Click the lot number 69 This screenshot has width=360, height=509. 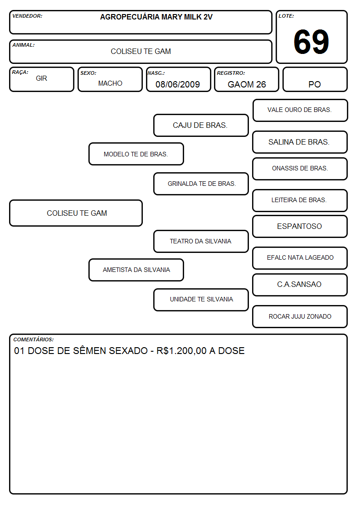pyautogui.click(x=311, y=42)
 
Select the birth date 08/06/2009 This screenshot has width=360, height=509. pyautogui.click(x=178, y=84)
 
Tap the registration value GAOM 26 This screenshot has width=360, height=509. pyautogui.click(x=247, y=84)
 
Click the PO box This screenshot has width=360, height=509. pyautogui.click(x=315, y=79)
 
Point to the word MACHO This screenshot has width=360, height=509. pyautogui.click(x=110, y=83)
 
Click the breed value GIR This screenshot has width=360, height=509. pyautogui.click(x=42, y=78)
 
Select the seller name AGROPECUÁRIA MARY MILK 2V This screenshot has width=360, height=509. pyautogui.click(x=156, y=17)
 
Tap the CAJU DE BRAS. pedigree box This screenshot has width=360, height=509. pyautogui.click(x=201, y=125)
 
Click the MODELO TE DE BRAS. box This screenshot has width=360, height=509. pyautogui.click(x=136, y=154)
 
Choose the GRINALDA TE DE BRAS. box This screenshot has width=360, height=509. pyautogui.click(x=201, y=184)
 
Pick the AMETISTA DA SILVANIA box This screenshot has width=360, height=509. pyautogui.click(x=136, y=270)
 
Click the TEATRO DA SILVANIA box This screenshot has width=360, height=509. pyautogui.click(x=201, y=241)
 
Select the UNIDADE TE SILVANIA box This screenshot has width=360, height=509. pyautogui.click(x=201, y=300)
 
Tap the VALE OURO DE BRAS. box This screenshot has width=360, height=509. pyautogui.click(x=300, y=111)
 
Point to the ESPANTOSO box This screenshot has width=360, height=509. pyautogui.click(x=300, y=227)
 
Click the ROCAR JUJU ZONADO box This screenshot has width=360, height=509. pyautogui.click(x=300, y=316)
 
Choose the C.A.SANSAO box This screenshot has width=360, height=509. pyautogui.click(x=300, y=285)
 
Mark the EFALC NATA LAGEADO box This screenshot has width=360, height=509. pyautogui.click(x=300, y=258)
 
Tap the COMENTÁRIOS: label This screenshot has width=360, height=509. pyautogui.click(x=34, y=339)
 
